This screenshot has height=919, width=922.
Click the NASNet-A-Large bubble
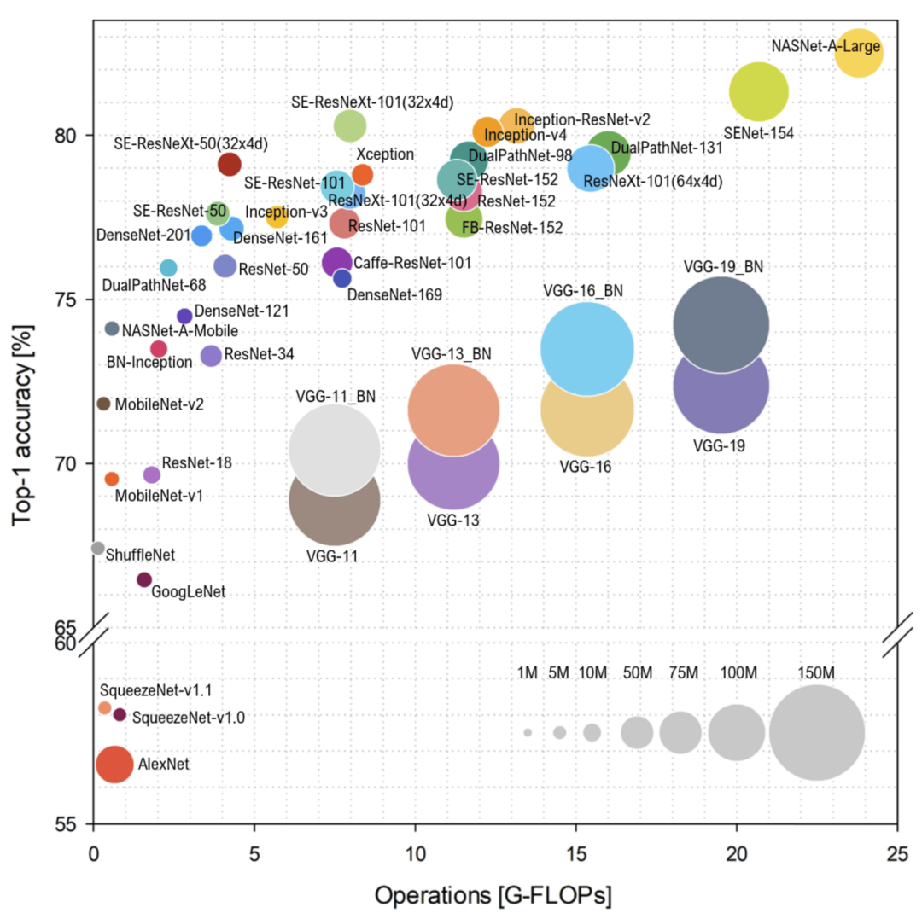click(858, 53)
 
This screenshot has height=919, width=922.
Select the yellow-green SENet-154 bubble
click(758, 92)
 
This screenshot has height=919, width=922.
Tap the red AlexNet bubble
click(114, 764)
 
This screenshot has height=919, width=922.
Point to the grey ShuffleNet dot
click(97, 548)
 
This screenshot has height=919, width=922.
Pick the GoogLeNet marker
click(144, 579)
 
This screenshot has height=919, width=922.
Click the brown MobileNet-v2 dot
click(103, 404)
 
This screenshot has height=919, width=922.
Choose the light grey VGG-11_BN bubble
click(335, 449)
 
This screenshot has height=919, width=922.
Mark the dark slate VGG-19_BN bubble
click(721, 324)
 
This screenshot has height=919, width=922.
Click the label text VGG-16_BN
click(583, 290)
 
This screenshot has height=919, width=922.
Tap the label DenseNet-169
click(394, 296)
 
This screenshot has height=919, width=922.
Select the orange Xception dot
click(362, 175)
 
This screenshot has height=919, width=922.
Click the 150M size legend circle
click(816, 732)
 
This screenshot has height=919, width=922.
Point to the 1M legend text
click(528, 673)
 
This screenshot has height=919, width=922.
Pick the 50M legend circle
click(637, 732)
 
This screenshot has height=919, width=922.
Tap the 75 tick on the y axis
click(67, 300)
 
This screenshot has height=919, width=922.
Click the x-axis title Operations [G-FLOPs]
click(493, 896)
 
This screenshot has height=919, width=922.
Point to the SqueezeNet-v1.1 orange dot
click(105, 707)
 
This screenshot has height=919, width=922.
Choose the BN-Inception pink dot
click(159, 348)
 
